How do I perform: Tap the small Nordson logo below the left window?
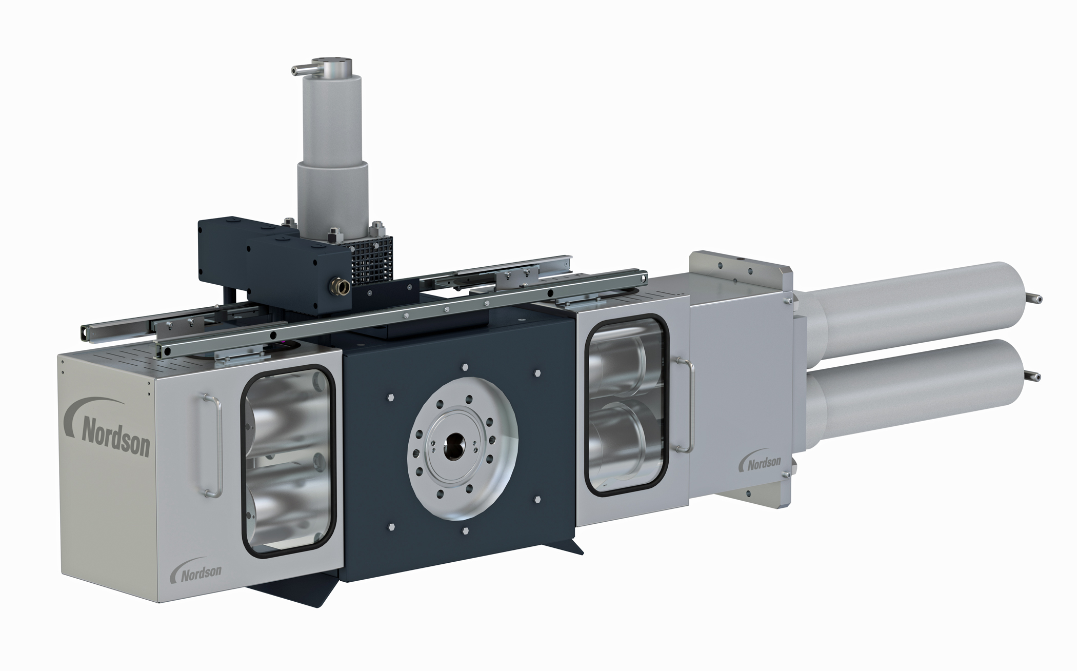point(196,570)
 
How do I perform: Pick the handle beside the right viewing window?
point(684,405)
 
